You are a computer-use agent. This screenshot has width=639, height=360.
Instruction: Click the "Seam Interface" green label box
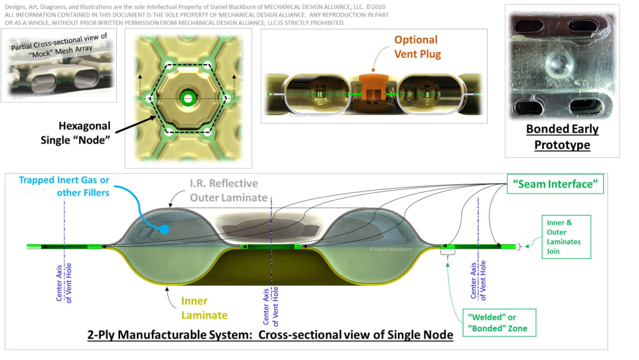point(555,185)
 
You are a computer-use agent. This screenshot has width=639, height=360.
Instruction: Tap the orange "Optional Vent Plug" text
point(415,47)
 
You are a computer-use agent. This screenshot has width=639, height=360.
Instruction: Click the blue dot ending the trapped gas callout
point(165,229)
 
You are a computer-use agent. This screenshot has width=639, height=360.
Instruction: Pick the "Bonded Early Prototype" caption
point(562,137)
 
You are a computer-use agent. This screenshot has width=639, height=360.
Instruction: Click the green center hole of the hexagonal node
point(187,98)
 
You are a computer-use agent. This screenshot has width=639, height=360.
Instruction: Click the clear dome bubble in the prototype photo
point(559,65)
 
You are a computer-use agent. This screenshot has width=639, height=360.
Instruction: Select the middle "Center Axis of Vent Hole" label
point(271,304)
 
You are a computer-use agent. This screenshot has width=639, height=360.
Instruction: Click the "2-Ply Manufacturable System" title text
point(270,334)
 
